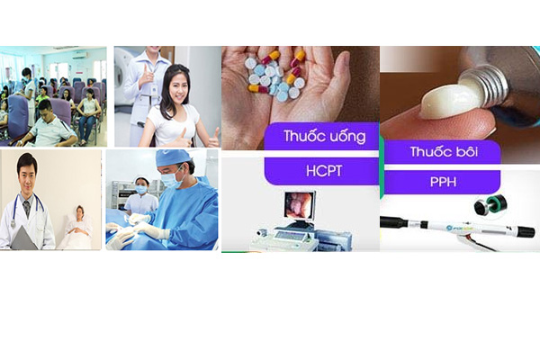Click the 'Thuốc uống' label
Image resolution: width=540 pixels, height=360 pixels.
pos(324,136)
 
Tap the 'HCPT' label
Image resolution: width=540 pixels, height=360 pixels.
pos(324,171)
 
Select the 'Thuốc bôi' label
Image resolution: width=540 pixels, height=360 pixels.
pos(444,151)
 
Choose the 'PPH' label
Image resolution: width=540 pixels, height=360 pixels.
pos(443,182)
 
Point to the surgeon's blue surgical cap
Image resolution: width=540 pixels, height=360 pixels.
pos(172,157)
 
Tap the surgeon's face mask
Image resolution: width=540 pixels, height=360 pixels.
pos(171,179)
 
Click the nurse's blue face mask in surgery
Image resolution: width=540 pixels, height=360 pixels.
pos(141,190)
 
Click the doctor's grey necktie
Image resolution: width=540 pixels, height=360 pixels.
pos(27,209)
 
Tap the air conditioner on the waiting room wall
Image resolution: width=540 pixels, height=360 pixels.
pos(79,56)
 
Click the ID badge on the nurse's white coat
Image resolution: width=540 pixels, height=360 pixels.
pos(154,90)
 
